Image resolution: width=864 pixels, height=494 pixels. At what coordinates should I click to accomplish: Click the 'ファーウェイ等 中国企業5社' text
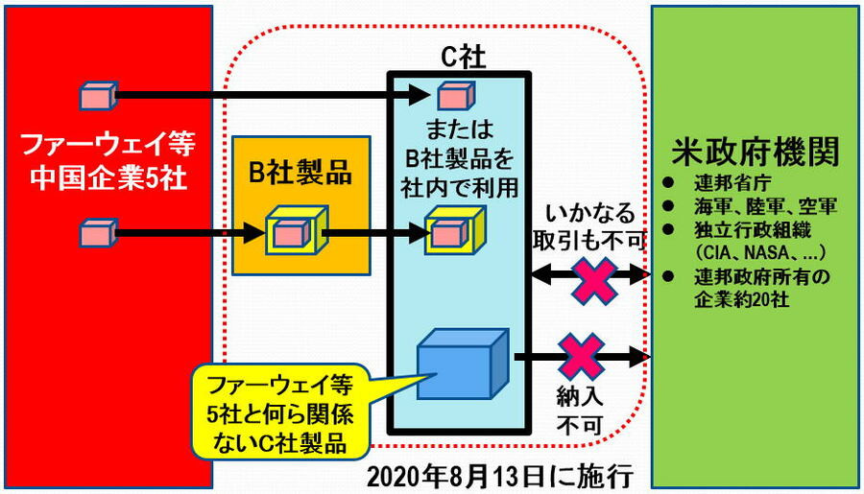[x=108, y=162]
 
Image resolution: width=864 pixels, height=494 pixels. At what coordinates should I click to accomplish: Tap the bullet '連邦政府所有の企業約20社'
[x=758, y=288]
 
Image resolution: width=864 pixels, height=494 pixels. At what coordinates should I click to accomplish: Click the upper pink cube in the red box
[x=97, y=95]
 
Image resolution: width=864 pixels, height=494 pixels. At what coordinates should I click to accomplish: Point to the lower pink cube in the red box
[x=97, y=232]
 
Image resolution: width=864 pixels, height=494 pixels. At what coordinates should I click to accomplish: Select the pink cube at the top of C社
[x=449, y=94]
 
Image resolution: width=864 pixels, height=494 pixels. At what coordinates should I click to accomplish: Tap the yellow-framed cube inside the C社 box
[x=448, y=232]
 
